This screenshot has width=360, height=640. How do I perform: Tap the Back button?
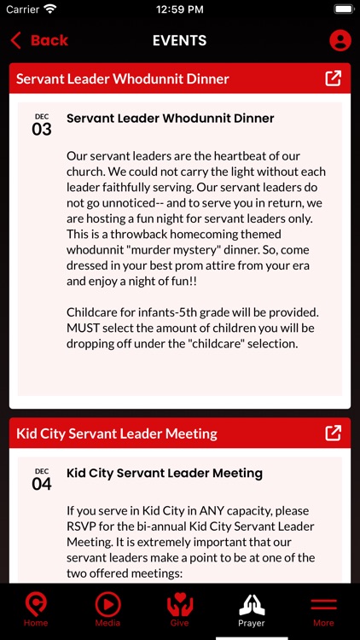(39, 40)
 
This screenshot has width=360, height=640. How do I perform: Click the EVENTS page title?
(179, 40)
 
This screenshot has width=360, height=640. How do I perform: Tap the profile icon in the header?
(340, 40)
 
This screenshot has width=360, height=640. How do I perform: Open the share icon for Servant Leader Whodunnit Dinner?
(334, 79)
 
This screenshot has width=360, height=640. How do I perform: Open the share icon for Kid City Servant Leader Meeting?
(334, 433)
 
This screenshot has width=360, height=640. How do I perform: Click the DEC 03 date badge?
(42, 125)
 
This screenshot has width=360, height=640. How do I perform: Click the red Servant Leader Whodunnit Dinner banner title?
(123, 79)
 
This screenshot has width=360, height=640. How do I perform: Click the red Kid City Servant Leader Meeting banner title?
(117, 433)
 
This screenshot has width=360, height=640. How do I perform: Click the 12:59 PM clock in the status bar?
(179, 9)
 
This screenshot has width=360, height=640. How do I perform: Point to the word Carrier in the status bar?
(23, 9)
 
